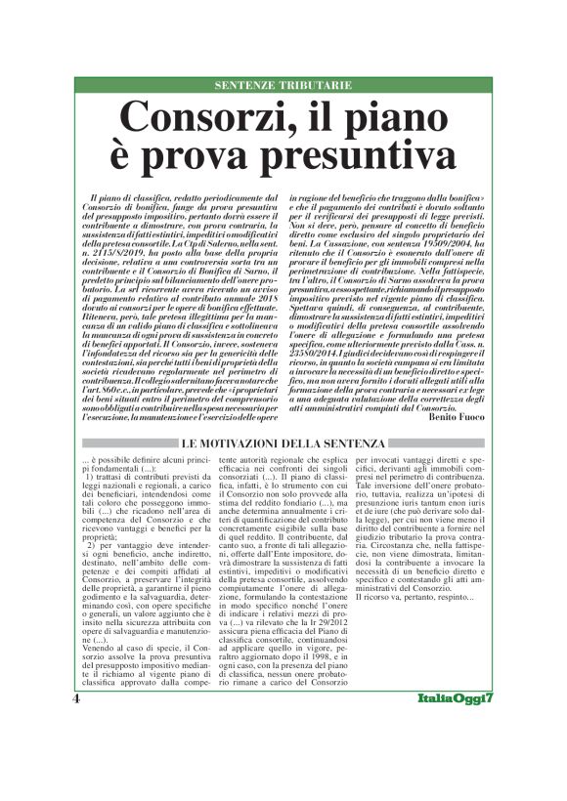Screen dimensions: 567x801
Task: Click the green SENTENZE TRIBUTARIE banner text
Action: click(283, 86)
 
